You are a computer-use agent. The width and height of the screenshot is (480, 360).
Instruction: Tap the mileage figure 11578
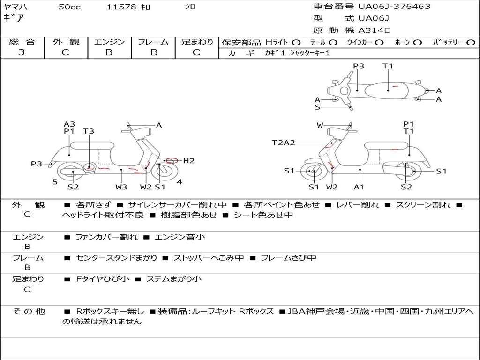pyautogui.click(x=121, y=7)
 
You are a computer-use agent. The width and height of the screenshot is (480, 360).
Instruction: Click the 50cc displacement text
pyautogui.click(x=69, y=7)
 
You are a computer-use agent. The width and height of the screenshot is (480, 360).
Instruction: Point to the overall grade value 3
pyautogui.click(x=22, y=52)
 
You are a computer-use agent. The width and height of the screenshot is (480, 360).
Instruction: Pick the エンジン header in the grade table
pyautogui.click(x=109, y=42)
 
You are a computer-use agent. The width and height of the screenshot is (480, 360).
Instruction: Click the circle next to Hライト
pyautogui.click(x=296, y=43)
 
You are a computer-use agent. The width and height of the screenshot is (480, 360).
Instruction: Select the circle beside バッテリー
pyautogui.click(x=471, y=43)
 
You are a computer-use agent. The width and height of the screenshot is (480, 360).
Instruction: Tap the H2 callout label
pyautogui.click(x=188, y=161)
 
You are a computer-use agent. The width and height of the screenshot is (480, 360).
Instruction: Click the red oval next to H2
pyautogui.click(x=172, y=160)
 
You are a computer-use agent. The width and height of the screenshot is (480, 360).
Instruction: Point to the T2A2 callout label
pyautogui.click(x=284, y=142)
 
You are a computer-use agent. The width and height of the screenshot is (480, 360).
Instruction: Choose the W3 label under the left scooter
pyautogui.click(x=121, y=187)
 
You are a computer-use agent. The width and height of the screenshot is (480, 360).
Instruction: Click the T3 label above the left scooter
pyautogui.click(x=89, y=131)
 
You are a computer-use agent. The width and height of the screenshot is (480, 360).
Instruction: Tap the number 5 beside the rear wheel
pyautogui.click(x=55, y=182)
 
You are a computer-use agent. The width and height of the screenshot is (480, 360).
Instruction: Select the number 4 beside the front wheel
pyautogui.click(x=180, y=182)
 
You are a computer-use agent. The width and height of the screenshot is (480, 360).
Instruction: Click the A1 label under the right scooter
pyautogui.click(x=359, y=187)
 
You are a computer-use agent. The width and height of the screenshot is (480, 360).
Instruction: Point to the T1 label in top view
pyautogui.click(x=388, y=66)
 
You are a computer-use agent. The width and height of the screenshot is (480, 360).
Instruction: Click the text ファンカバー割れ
pyautogui.click(x=106, y=237)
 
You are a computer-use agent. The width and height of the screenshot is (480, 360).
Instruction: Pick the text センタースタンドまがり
pyautogui.click(x=117, y=258)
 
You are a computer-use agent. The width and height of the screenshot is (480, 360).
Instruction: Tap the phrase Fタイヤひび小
pyautogui.click(x=103, y=279)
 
